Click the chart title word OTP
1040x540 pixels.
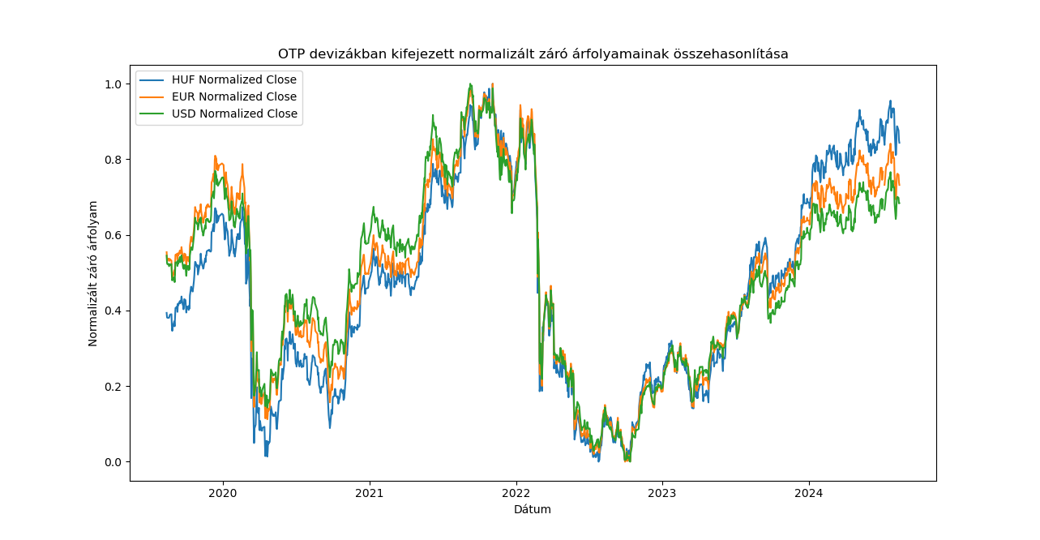(x=291, y=54)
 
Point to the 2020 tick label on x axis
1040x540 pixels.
(x=223, y=493)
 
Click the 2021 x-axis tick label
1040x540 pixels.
(x=370, y=493)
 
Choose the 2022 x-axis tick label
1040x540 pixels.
(x=516, y=493)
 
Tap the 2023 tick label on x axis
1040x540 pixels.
(x=662, y=493)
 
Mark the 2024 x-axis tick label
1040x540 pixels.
(x=809, y=493)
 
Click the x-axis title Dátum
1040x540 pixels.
(x=533, y=509)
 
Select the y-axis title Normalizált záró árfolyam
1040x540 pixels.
(x=93, y=273)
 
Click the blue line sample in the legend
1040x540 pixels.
(x=152, y=79)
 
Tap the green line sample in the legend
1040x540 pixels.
(x=152, y=114)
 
